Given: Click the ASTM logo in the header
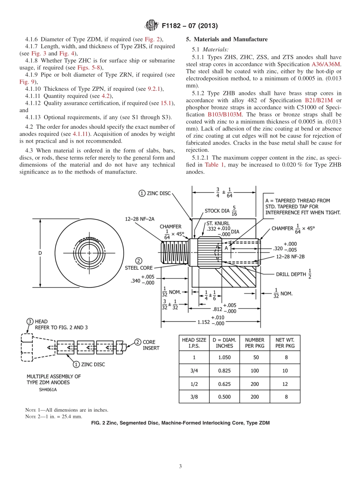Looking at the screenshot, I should tap(152, 25).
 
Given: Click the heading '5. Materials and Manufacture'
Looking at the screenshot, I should tap(226, 39).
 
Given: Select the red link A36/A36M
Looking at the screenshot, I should tap(326, 64).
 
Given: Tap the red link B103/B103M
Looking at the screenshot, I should tap(225, 114).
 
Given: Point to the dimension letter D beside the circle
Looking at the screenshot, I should tap(40, 253).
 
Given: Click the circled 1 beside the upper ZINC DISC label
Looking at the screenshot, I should tap(142, 193).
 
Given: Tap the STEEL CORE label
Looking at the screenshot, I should tap(139, 268).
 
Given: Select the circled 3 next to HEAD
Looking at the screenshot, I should tap(30, 322).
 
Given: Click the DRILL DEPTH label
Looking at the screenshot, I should tap(291, 274).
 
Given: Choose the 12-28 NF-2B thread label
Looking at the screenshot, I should tap(290, 257).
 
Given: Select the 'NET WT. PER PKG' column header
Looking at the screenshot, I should tap(285, 343).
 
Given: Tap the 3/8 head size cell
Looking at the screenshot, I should tap(194, 397).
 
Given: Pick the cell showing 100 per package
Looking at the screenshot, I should tap(255, 371).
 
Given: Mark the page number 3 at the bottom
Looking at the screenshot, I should tap(180, 466).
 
